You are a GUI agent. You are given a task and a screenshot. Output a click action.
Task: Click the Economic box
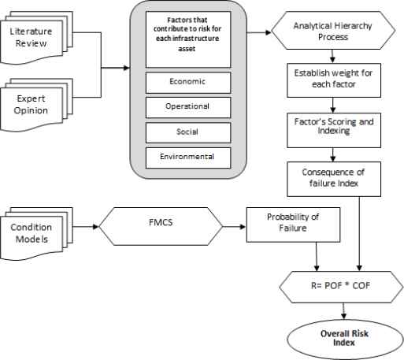(188, 83)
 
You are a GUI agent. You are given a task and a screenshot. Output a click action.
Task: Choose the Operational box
(188, 107)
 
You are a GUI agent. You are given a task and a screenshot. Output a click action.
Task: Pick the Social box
(188, 132)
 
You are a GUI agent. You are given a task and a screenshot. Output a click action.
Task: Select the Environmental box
(188, 158)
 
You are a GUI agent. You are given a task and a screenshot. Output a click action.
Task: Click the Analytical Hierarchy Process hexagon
(333, 31)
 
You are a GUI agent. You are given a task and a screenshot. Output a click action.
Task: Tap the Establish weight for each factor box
(334, 80)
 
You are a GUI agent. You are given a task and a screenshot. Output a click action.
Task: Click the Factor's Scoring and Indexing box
(334, 130)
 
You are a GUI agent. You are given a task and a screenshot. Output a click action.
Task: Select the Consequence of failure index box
(334, 179)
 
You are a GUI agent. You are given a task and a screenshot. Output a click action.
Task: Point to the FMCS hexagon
(161, 226)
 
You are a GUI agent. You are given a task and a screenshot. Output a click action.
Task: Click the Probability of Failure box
(293, 225)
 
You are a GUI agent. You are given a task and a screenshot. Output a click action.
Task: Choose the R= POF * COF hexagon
(340, 287)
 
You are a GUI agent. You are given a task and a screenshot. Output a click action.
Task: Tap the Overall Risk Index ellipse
(345, 339)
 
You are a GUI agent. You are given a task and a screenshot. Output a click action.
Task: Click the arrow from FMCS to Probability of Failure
(234, 227)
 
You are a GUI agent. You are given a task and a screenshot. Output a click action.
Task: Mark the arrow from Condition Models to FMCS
(86, 227)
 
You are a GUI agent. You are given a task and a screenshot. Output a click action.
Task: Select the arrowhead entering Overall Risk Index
(343, 316)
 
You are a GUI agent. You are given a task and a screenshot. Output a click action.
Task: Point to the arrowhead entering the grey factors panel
(127, 68)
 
